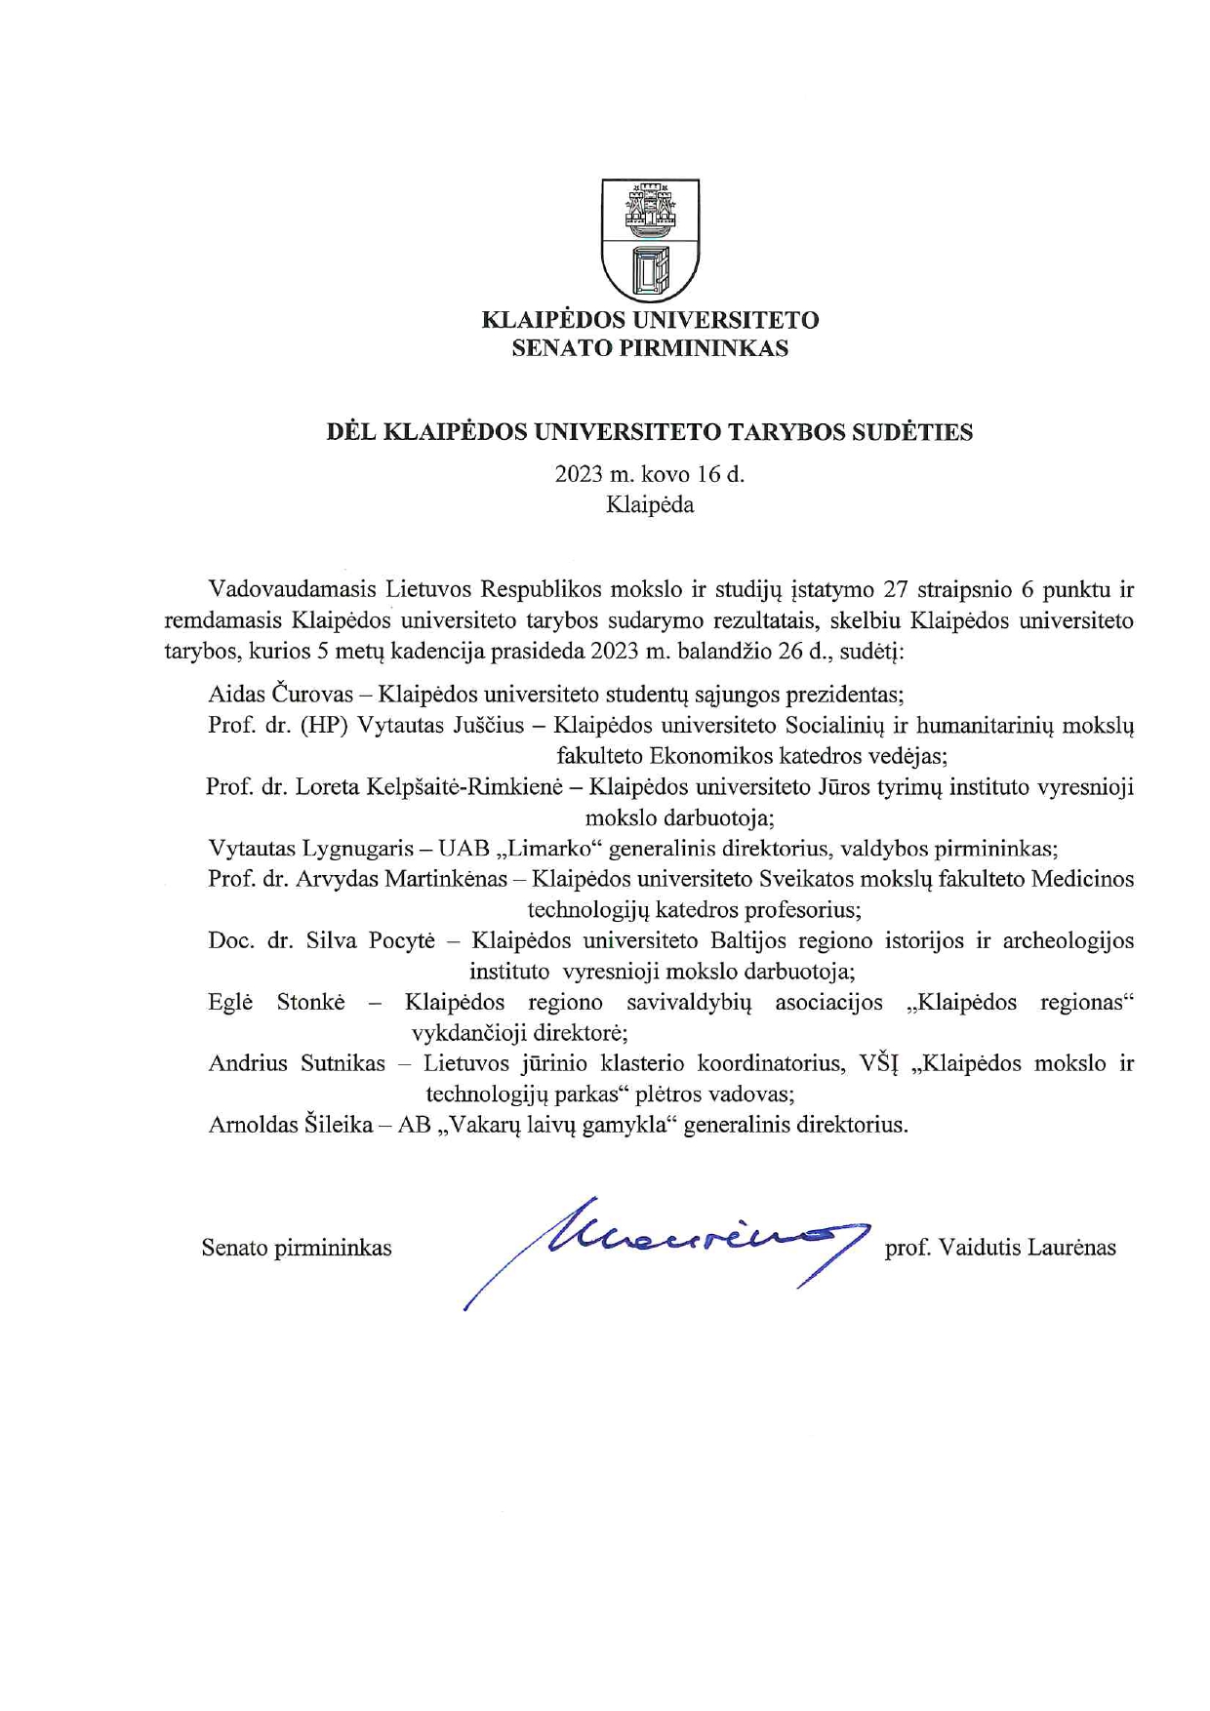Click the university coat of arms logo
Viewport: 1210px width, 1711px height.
[650, 239]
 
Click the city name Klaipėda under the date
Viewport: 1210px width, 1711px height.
[650, 505]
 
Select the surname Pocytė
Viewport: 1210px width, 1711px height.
[402, 940]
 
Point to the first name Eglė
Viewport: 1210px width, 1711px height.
[230, 1002]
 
